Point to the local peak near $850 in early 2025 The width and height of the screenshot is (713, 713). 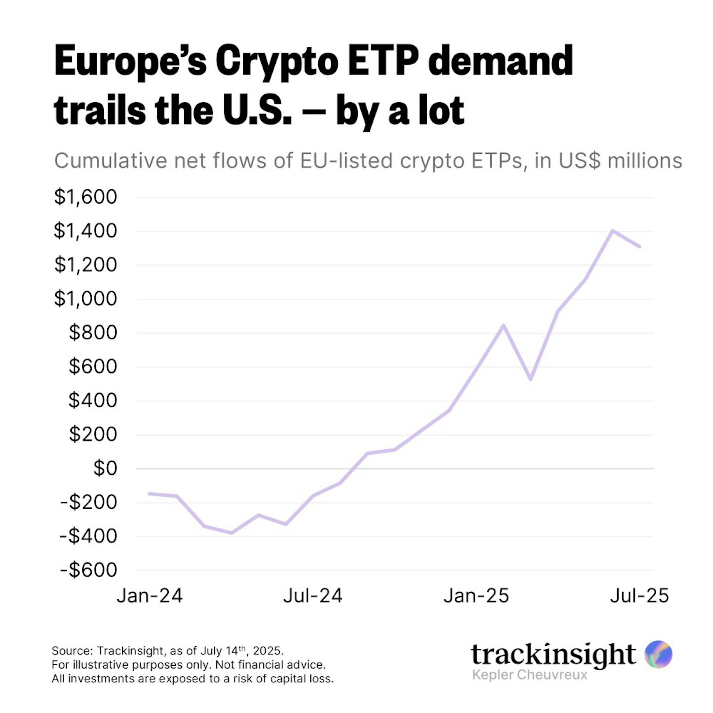[x=503, y=325]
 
